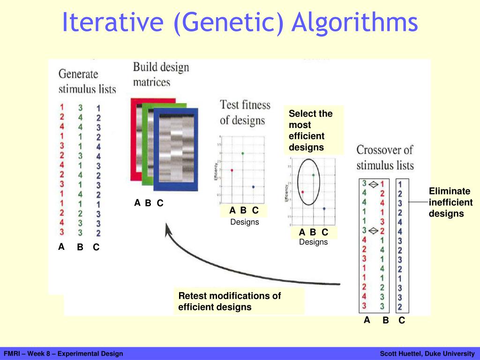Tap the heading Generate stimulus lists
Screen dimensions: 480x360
tap(87, 81)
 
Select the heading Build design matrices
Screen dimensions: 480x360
tap(161, 74)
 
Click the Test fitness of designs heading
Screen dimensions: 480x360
tap(245, 112)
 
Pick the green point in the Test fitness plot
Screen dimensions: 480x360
tap(242, 153)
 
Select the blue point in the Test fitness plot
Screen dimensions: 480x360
tap(253, 187)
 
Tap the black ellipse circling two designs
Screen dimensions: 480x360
tap(309, 182)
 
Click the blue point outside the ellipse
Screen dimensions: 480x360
tap(324, 209)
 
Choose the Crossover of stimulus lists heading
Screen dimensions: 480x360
tap(385, 157)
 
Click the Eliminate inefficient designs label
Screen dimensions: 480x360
tap(450, 202)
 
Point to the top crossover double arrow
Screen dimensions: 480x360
tap(374, 185)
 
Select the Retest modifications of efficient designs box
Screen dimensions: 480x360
tap(238, 301)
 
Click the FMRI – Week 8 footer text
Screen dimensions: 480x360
tap(63, 353)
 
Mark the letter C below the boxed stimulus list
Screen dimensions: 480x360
tap(402, 321)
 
